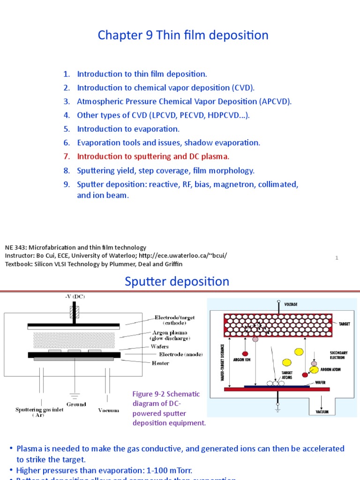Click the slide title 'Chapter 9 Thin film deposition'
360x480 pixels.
coord(183,36)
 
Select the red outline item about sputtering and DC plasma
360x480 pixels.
coord(153,156)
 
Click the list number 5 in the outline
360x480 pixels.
coord(67,129)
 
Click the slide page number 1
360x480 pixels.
coord(337,258)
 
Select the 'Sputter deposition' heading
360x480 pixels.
coord(177,282)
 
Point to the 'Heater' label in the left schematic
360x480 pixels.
coord(160,363)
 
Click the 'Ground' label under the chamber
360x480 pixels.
coord(76,404)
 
